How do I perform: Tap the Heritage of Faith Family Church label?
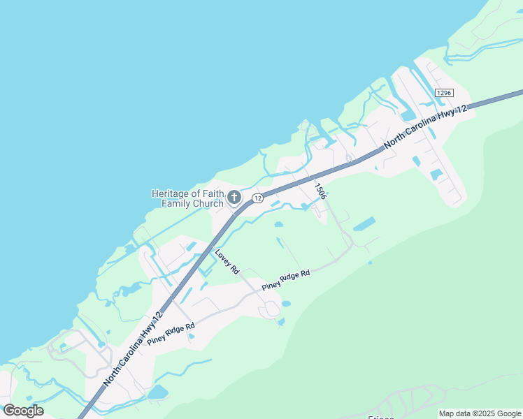click(187, 198)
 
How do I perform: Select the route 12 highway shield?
click(257, 198)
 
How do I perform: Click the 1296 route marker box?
click(444, 93)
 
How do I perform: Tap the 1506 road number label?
click(320, 191)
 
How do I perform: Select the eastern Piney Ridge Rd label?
click(285, 281)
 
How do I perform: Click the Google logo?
click(23, 411)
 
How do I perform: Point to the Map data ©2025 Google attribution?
click(480, 413)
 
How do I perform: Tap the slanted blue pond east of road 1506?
click(364, 224)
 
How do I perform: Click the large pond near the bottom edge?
click(158, 392)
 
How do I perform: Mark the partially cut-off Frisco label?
click(381, 417)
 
